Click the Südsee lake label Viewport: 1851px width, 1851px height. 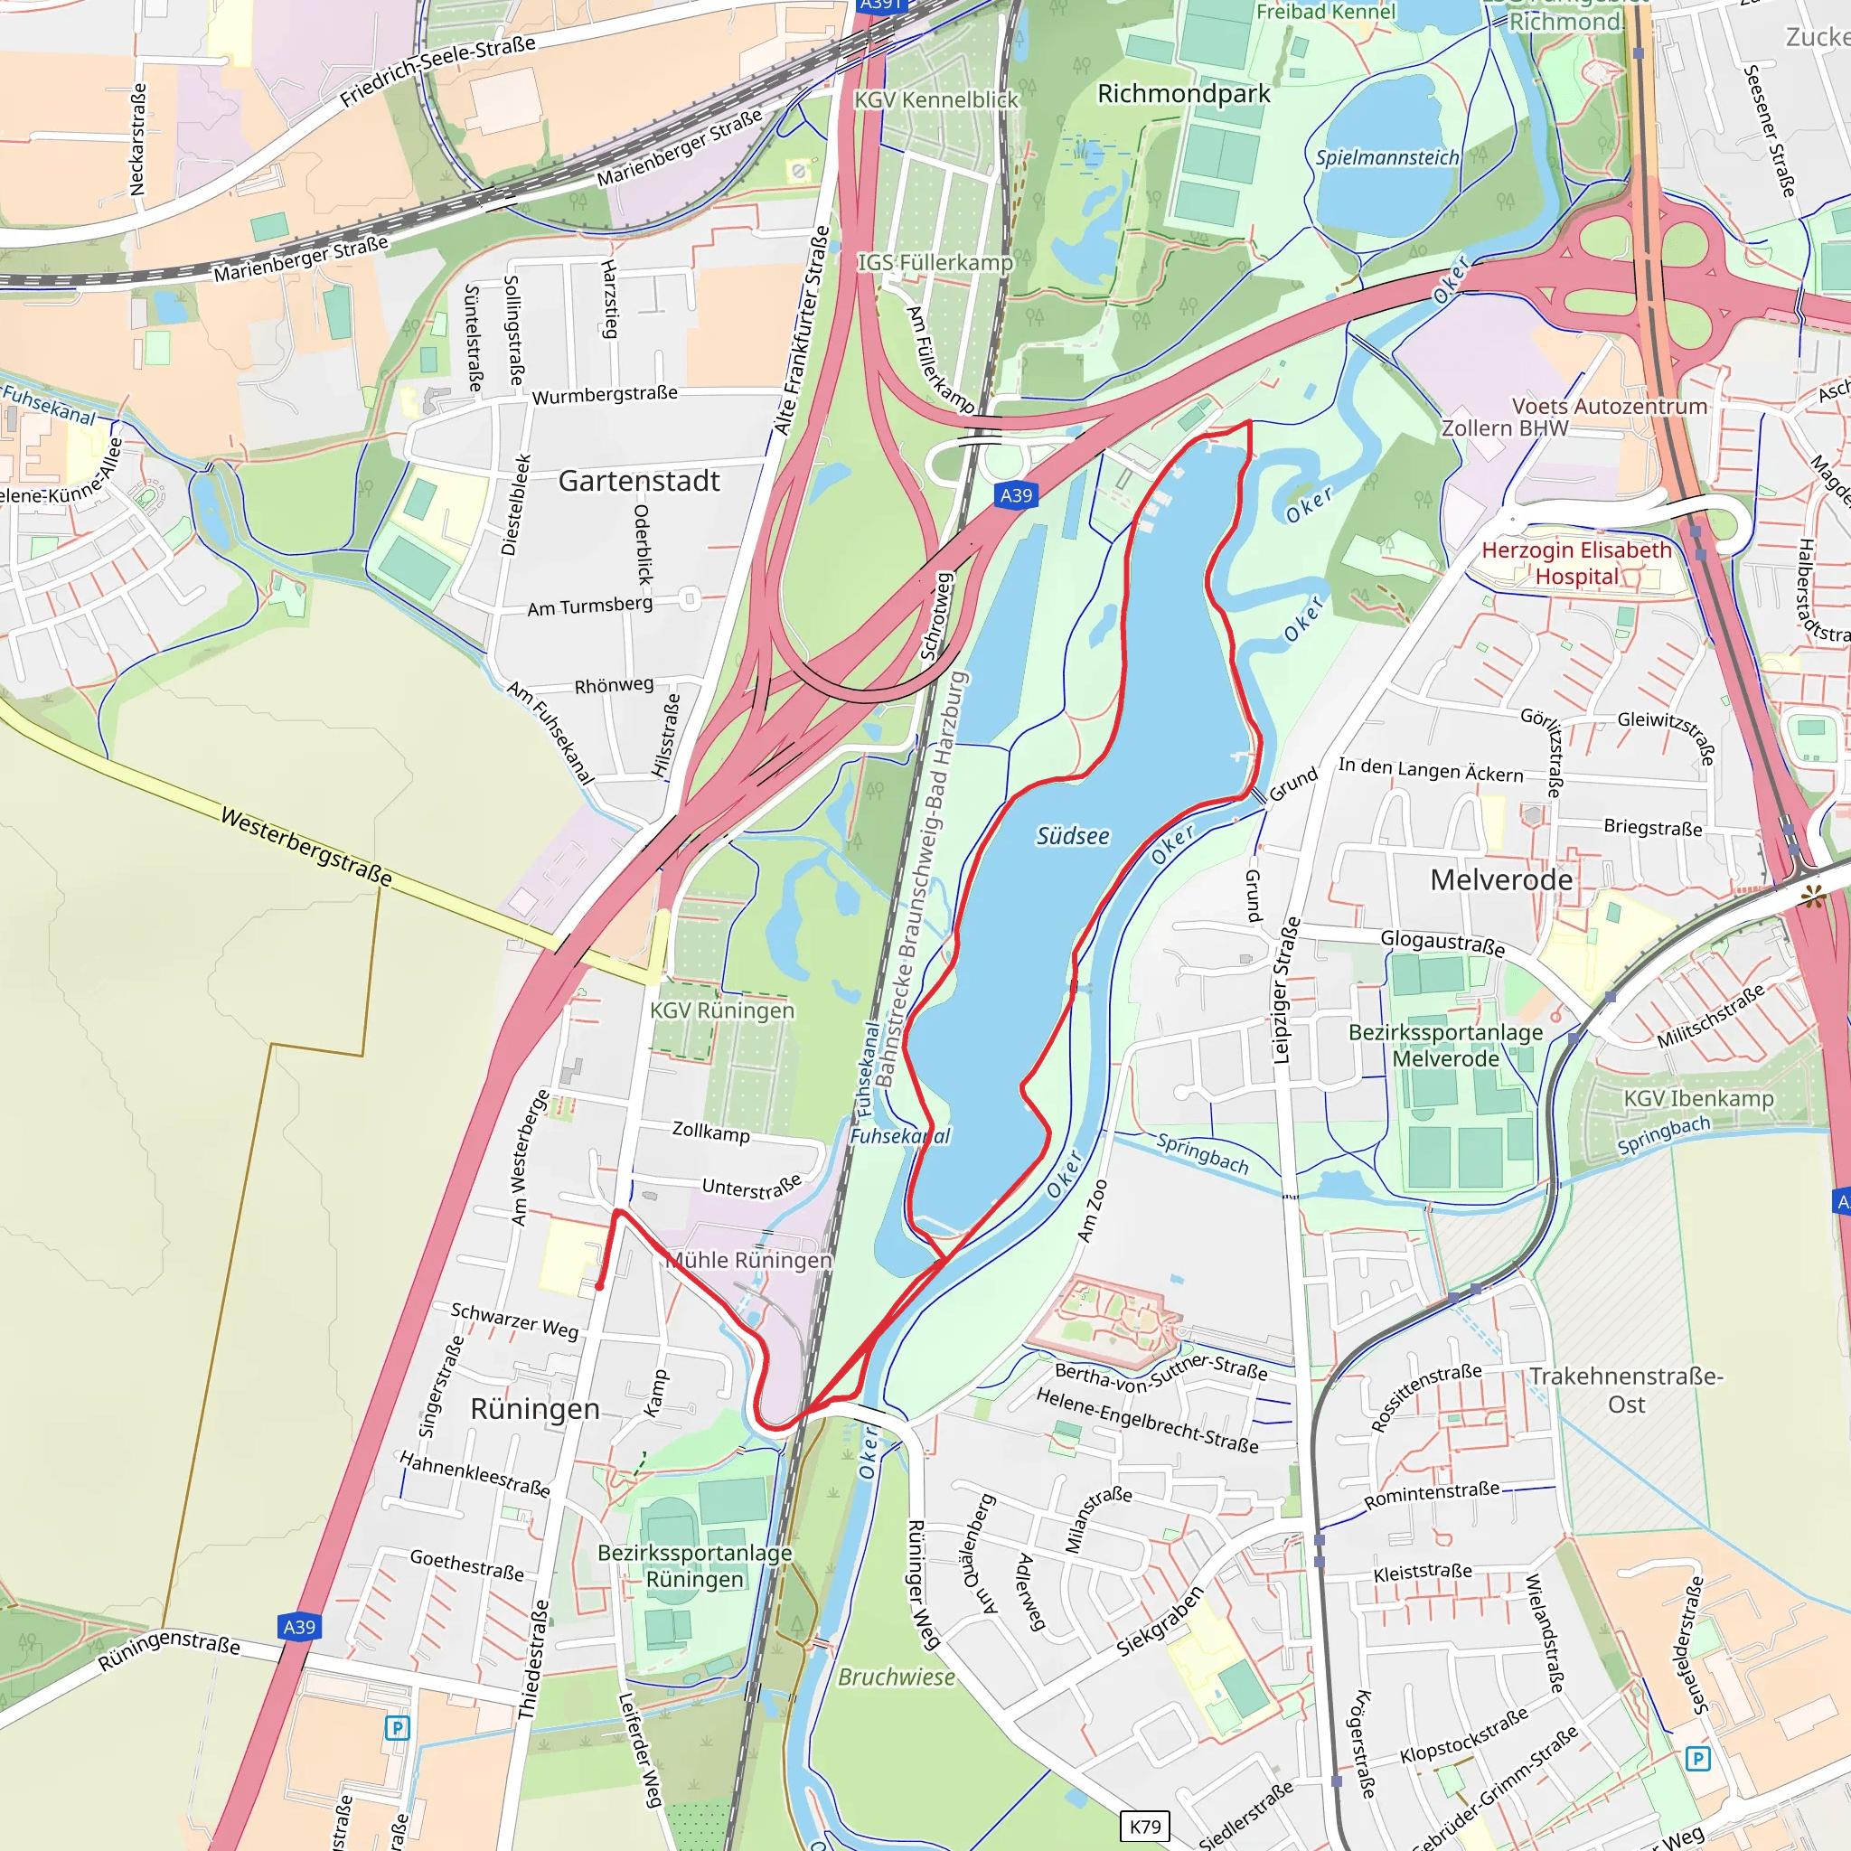(1072, 836)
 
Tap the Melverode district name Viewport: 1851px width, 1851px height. (1500, 879)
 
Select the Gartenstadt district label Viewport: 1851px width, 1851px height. (638, 481)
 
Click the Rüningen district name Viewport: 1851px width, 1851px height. (535, 1408)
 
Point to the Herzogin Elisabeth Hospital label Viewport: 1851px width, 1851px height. (1576, 563)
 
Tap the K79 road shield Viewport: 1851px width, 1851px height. (1144, 1826)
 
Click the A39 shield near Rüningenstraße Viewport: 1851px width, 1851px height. (299, 1627)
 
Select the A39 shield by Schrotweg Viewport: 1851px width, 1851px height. (1016, 495)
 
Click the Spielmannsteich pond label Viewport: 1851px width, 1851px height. (1386, 158)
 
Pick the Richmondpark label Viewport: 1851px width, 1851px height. (1183, 94)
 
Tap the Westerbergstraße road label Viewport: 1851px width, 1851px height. (305, 846)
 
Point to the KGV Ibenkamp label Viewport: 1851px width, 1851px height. (1697, 1099)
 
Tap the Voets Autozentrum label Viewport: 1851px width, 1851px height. (1609, 406)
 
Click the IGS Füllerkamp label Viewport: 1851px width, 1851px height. (935, 262)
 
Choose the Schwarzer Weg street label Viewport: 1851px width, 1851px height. (514, 1320)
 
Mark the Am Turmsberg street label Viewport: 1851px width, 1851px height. (589, 606)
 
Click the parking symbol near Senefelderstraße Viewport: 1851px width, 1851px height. (1696, 1758)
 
